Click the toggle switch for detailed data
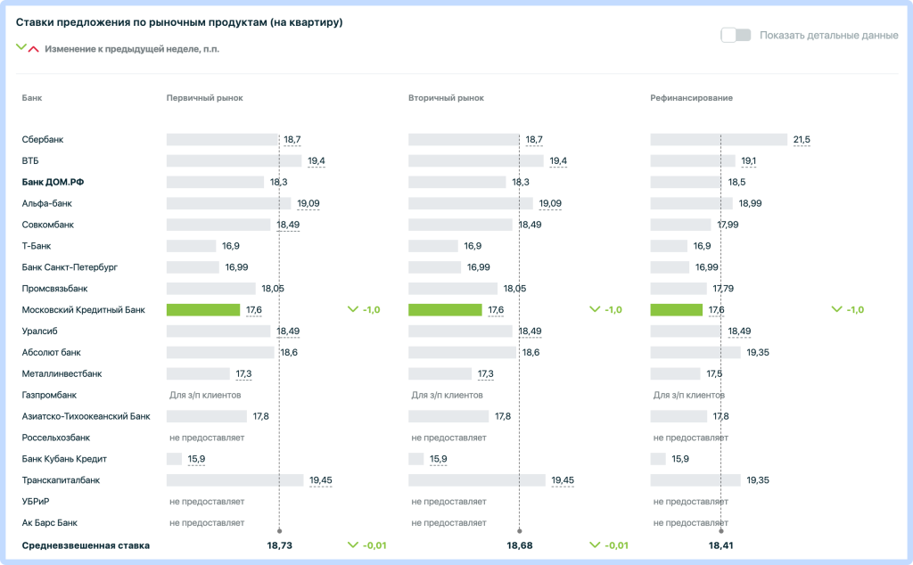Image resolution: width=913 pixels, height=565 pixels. click(x=736, y=35)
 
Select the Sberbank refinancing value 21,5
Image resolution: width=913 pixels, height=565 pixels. click(x=802, y=140)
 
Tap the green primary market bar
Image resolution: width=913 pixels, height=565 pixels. click(x=203, y=309)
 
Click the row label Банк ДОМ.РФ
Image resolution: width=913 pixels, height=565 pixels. click(x=53, y=182)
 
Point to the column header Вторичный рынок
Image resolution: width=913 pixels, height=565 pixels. click(x=446, y=98)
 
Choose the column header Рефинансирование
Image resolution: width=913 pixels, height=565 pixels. click(x=691, y=98)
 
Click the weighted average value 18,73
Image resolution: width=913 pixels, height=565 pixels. click(x=279, y=545)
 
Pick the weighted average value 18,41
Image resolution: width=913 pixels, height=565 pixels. click(x=720, y=545)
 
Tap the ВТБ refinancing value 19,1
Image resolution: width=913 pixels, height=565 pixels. click(x=749, y=160)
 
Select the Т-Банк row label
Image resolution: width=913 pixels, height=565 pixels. click(x=37, y=246)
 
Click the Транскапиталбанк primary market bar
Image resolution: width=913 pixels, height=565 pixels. click(x=235, y=480)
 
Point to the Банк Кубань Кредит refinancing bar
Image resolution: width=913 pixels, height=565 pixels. click(x=658, y=459)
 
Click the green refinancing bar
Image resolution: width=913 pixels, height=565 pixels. click(x=677, y=309)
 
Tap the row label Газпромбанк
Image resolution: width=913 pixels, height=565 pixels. click(x=50, y=395)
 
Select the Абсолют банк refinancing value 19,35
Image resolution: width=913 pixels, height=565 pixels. click(x=758, y=353)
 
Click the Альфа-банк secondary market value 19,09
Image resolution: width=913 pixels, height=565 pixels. click(x=550, y=204)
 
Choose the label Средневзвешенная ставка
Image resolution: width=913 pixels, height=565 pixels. click(x=86, y=545)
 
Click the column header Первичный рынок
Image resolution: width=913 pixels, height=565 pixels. click(x=204, y=98)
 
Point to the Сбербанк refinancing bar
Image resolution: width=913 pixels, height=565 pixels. click(x=719, y=140)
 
